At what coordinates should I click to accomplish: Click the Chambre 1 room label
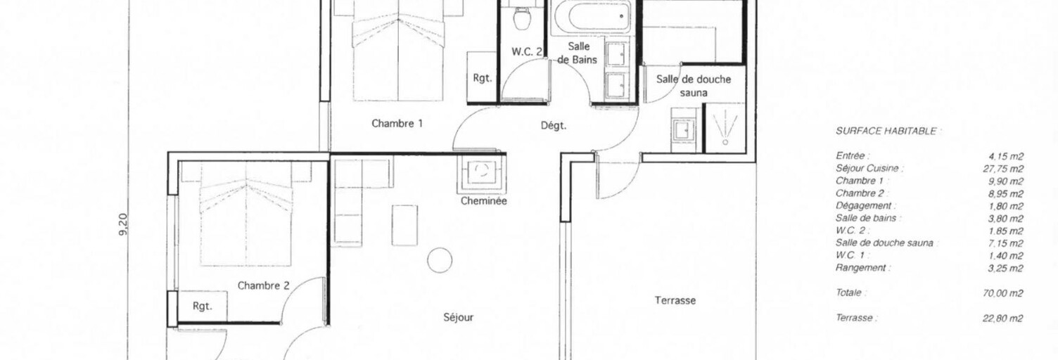(397, 124)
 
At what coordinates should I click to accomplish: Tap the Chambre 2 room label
(263, 286)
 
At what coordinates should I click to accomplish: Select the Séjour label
(458, 318)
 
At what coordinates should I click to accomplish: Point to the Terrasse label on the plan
(675, 300)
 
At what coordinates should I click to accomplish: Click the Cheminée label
(484, 201)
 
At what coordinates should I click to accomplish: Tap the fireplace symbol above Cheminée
(481, 174)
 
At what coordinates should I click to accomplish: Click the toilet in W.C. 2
(522, 18)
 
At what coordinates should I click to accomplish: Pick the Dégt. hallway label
(554, 126)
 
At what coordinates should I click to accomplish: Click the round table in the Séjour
(440, 260)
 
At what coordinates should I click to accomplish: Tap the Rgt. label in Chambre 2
(202, 307)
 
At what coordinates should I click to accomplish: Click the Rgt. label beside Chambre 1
(483, 78)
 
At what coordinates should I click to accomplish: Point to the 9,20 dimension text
(123, 224)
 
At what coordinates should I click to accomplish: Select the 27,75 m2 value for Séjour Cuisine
(1003, 169)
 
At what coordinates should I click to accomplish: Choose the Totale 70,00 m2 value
(1002, 293)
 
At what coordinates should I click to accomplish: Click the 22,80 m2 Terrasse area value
(1002, 319)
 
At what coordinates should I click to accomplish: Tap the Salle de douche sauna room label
(694, 86)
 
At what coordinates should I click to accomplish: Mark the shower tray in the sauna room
(725, 127)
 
